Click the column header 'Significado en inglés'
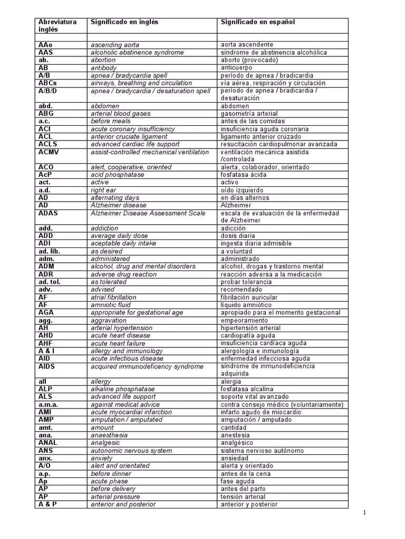[124, 22]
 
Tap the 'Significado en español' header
[258, 22]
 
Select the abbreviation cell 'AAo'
[45, 45]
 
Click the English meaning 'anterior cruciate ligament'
[127, 136]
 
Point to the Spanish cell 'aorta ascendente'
[247, 45]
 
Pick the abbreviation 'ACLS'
[48, 144]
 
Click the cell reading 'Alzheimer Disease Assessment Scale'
[148, 213]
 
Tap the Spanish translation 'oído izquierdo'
[243, 190]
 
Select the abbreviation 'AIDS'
[46, 366]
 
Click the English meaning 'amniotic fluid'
[111, 305]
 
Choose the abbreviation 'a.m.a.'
[48, 404]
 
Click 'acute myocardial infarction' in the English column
[131, 412]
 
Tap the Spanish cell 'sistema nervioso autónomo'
[262, 451]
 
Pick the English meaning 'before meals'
[111, 121]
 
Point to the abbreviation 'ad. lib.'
[49, 251]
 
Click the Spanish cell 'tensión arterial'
[243, 496]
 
